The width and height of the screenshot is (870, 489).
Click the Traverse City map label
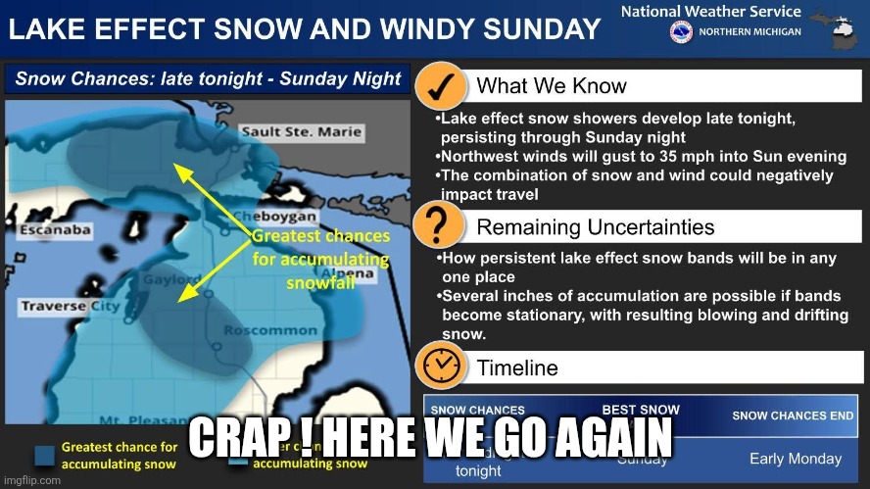click(70, 308)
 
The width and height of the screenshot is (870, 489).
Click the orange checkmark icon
click(441, 86)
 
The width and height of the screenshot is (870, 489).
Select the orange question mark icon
click(441, 226)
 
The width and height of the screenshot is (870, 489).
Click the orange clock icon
click(441, 367)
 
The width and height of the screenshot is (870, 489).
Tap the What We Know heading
click(551, 86)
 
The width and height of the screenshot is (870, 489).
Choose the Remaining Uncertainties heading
click(595, 227)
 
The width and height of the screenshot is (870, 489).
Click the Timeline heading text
click(516, 368)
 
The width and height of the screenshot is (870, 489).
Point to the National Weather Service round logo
click(680, 32)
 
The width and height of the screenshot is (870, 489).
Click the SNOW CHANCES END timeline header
click(793, 416)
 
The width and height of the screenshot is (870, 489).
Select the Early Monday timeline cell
click(795, 459)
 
